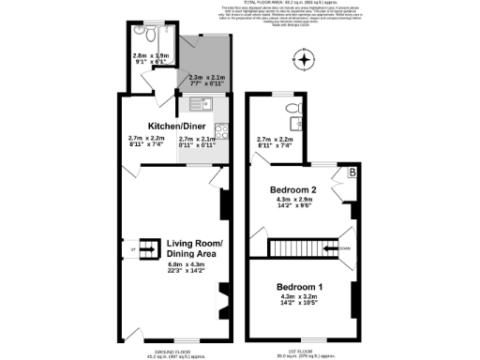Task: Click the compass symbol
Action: [304, 64]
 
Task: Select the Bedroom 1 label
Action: [301, 286]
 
